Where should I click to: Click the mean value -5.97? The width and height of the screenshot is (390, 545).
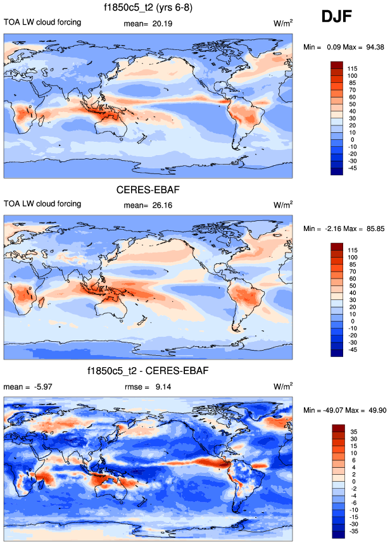click(x=44, y=386)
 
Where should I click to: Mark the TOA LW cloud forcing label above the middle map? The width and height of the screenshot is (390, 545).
click(x=42, y=204)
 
